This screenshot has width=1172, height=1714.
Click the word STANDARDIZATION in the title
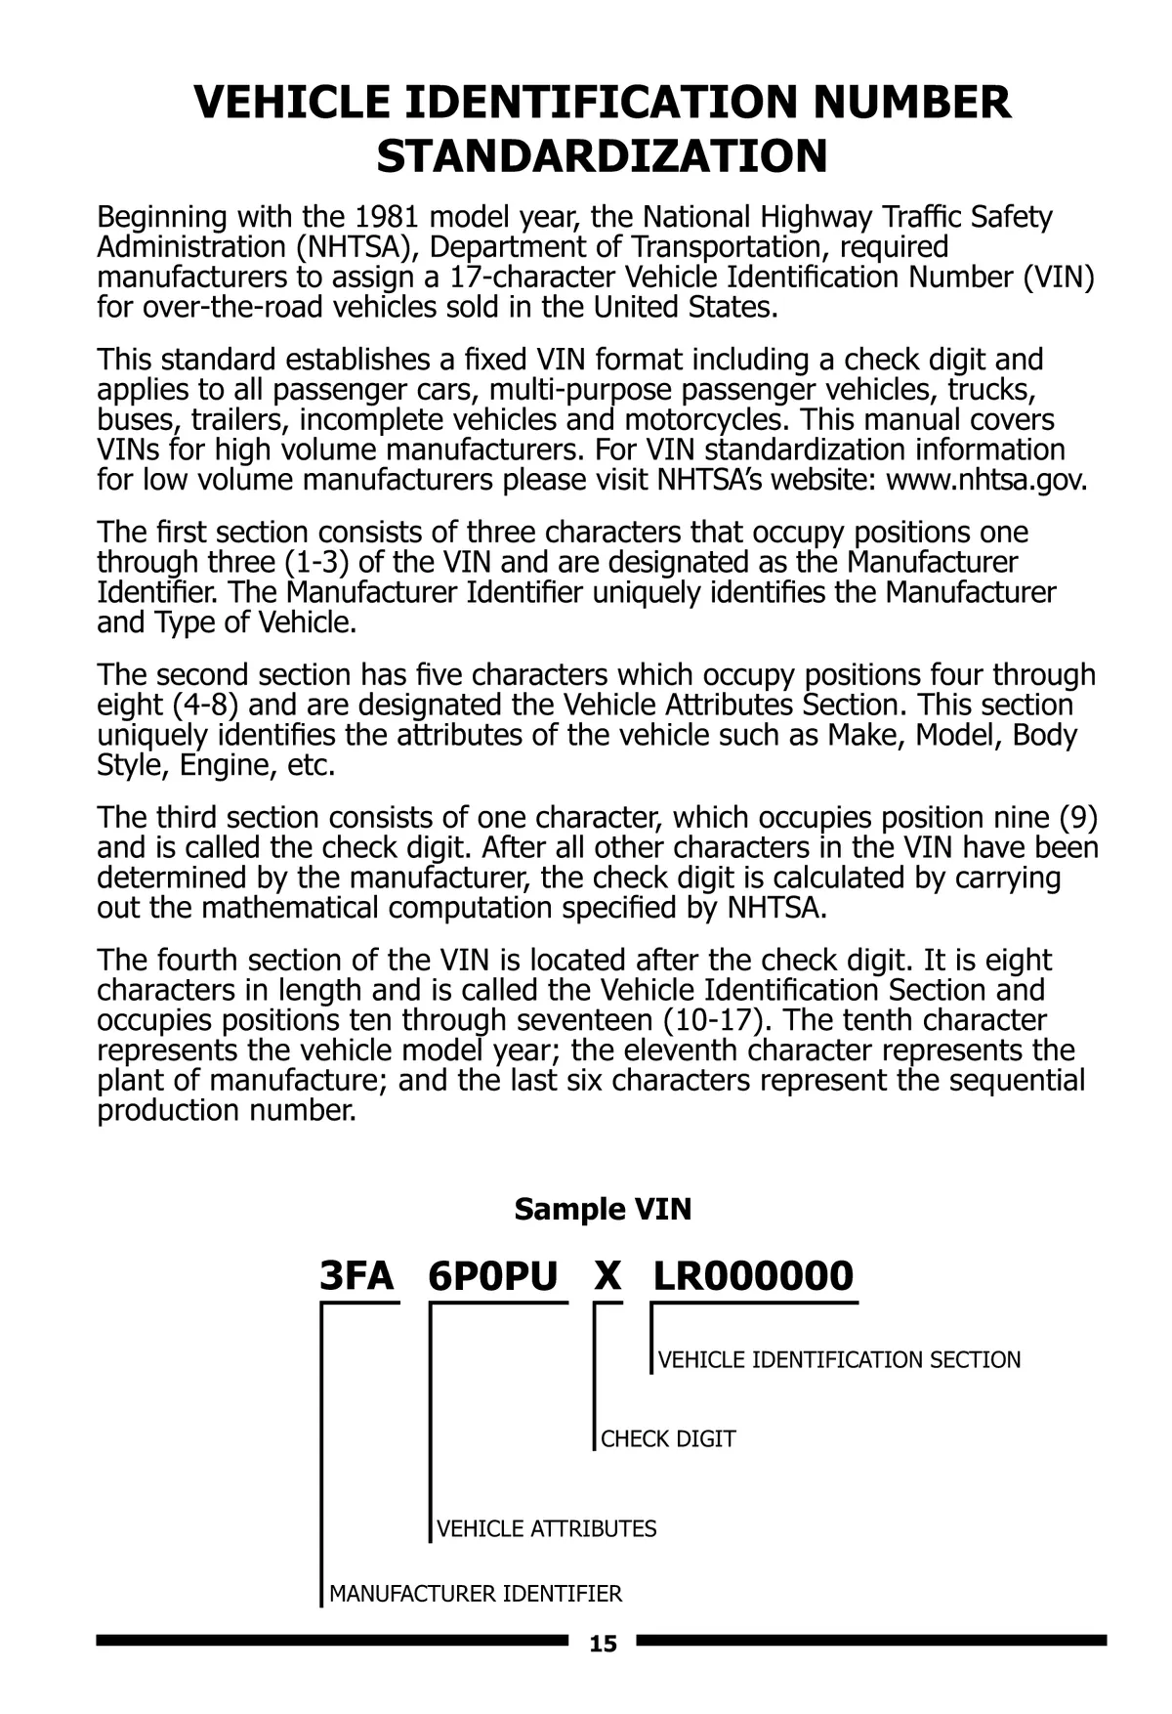[x=602, y=156]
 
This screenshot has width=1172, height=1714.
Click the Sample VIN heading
[x=603, y=1210]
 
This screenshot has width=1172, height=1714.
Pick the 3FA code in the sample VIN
[x=357, y=1276]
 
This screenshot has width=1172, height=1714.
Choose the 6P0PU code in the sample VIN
[x=493, y=1276]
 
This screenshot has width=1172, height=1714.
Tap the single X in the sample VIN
[x=607, y=1276]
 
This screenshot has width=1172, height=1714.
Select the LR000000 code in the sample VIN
[x=753, y=1276]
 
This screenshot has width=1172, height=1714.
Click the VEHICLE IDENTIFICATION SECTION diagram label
[x=839, y=1360]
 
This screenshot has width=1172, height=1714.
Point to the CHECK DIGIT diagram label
[x=668, y=1439]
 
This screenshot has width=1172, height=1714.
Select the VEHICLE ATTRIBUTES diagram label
[x=546, y=1529]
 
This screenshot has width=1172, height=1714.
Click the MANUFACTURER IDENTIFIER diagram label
[x=476, y=1595]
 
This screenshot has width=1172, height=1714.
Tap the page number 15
[x=604, y=1645]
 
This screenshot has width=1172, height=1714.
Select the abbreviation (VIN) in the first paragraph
[x=1059, y=279]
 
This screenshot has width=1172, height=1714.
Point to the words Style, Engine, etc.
[x=216, y=765]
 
